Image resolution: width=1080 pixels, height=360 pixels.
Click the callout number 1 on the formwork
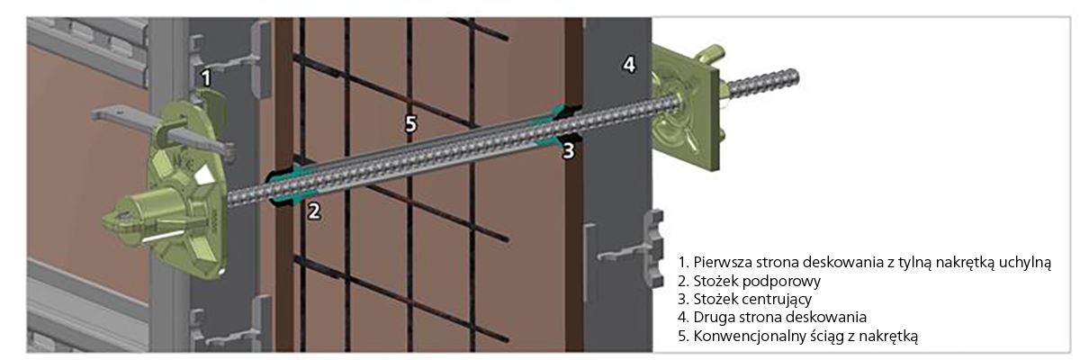tap(206, 77)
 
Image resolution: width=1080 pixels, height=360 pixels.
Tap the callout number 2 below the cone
tap(314, 211)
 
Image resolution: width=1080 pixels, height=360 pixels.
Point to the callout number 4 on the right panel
tap(630, 64)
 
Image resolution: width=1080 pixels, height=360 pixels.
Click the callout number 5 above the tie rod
tap(410, 124)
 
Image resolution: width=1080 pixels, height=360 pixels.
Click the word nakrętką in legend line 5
tap(892, 336)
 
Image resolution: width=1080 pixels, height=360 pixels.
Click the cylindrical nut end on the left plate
tap(126, 217)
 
